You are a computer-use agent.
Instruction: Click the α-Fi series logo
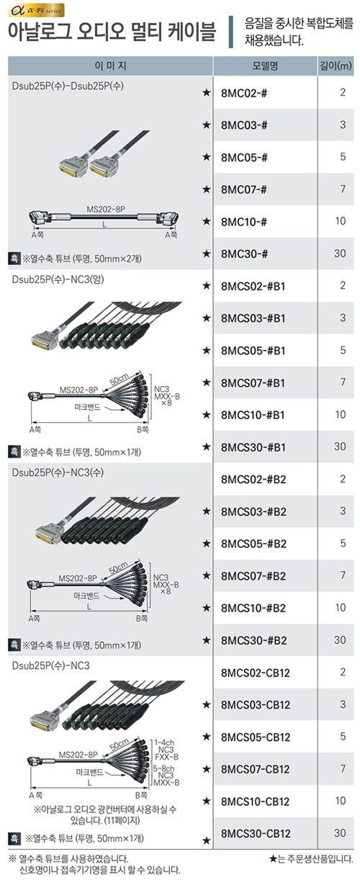click(36, 10)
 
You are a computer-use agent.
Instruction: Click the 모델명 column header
click(265, 66)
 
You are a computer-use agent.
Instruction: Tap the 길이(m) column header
click(336, 66)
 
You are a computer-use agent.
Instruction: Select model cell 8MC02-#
click(244, 93)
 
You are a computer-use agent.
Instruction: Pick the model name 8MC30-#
click(244, 253)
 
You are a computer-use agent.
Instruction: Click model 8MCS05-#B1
click(253, 351)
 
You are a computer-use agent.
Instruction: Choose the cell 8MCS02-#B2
click(253, 480)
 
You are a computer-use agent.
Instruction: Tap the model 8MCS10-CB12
click(255, 802)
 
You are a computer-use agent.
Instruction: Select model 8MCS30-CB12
click(256, 834)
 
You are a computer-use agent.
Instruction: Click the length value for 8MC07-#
click(343, 189)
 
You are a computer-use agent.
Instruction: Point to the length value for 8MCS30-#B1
click(340, 446)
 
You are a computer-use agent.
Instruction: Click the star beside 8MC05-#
click(207, 157)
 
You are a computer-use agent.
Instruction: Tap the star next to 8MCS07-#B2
click(207, 575)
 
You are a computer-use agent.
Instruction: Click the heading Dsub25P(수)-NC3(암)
click(58, 279)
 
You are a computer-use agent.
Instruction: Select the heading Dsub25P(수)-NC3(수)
click(58, 472)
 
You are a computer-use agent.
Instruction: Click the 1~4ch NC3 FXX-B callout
click(166, 749)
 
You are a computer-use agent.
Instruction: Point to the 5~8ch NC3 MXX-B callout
click(166, 776)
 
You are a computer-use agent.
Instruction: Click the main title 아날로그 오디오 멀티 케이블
click(112, 32)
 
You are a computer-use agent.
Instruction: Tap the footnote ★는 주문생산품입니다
click(311, 859)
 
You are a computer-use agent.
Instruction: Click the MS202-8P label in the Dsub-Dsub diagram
click(106, 210)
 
